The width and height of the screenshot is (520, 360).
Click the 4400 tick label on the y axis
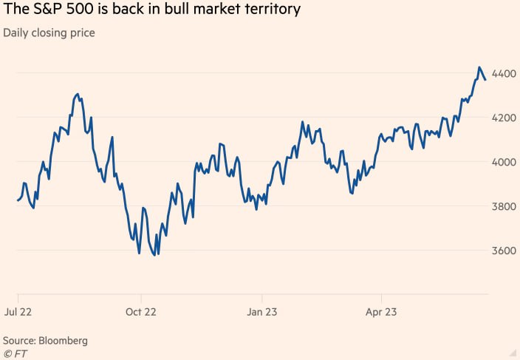[504, 74]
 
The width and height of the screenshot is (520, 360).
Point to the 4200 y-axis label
[504, 118]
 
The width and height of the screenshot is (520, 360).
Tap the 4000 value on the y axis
[504, 163]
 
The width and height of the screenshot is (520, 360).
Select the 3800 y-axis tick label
[504, 207]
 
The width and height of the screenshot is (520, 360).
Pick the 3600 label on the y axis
[504, 251]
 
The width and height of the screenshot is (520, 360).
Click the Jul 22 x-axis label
[18, 312]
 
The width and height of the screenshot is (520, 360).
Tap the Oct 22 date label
[141, 312]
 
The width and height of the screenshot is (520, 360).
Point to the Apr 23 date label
[381, 312]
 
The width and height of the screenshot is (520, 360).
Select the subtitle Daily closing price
[49, 33]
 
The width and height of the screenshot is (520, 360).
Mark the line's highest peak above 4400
[479, 67]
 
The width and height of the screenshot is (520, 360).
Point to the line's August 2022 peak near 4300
[77, 95]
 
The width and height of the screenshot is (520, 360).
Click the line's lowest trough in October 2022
[154, 255]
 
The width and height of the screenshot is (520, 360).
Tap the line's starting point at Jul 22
[17, 200]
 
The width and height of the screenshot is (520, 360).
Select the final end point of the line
[485, 79]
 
